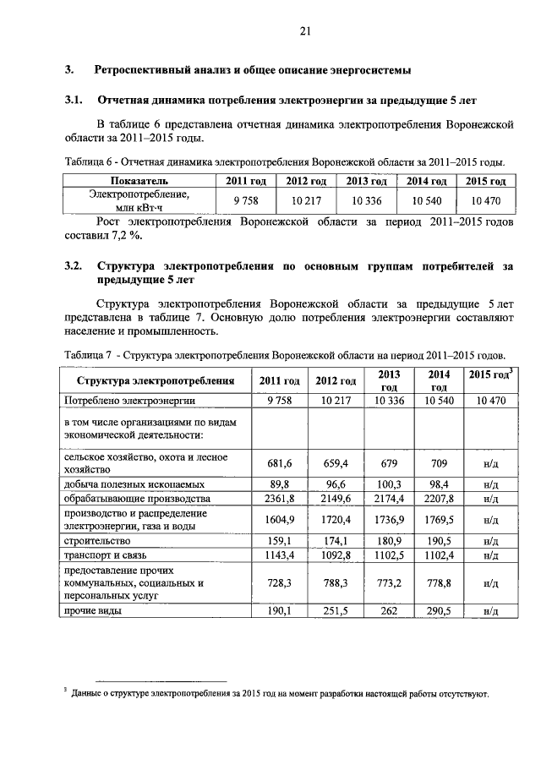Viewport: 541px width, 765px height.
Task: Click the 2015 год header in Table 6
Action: [x=485, y=181]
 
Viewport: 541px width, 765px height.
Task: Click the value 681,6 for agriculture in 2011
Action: [x=279, y=462]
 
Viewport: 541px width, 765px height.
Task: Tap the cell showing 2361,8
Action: [x=279, y=499]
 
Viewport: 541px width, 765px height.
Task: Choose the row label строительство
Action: [x=95, y=538]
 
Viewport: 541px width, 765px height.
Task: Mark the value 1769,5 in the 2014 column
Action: [x=439, y=519]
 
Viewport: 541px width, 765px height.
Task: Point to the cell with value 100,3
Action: [x=389, y=484]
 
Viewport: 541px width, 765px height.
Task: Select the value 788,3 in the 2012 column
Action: [x=333, y=583]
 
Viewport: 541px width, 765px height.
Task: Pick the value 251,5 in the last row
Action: [x=333, y=611]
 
